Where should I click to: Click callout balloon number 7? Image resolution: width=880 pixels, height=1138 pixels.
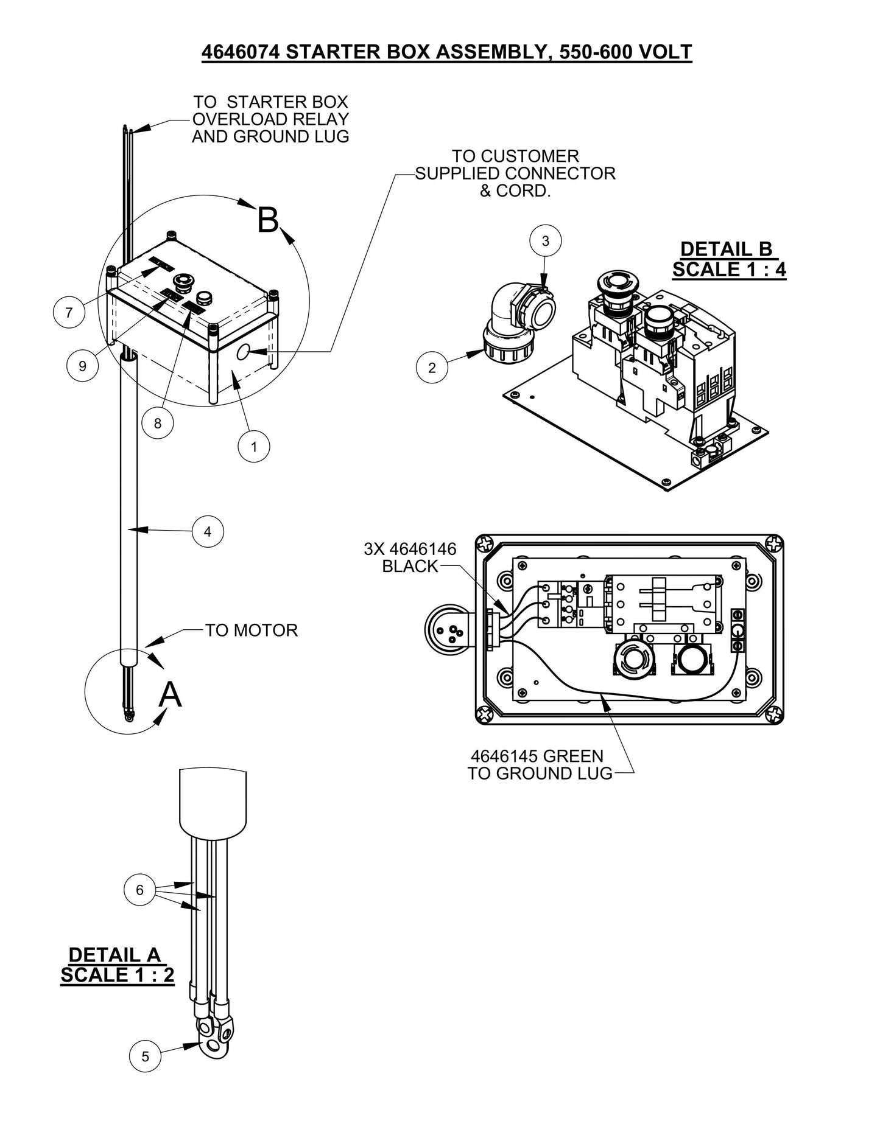pos(69,312)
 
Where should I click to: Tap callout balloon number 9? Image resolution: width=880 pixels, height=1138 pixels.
pos(82,366)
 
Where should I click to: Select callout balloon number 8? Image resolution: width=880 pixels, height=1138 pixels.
pos(158,423)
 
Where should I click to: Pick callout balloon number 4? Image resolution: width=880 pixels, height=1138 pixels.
pos(208,532)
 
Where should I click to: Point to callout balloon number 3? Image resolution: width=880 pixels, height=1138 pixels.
pos(545,241)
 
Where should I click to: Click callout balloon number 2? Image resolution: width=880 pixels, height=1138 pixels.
pos(432,368)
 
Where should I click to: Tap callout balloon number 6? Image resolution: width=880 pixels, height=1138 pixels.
pos(139,890)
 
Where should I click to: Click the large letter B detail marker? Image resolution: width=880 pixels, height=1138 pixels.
pos(268,220)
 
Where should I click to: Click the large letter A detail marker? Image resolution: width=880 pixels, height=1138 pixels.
pos(170,694)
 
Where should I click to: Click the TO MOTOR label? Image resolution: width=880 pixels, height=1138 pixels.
pos(252,630)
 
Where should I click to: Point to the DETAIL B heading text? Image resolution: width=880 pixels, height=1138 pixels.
pos(726,249)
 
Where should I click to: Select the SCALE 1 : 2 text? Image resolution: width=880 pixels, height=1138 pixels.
pos(118,974)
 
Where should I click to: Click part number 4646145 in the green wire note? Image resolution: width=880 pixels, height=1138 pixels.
pos(504,756)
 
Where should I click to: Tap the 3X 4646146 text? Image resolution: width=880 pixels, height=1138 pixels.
pos(410,549)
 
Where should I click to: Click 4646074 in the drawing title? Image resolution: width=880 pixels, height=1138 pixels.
pos(240,52)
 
